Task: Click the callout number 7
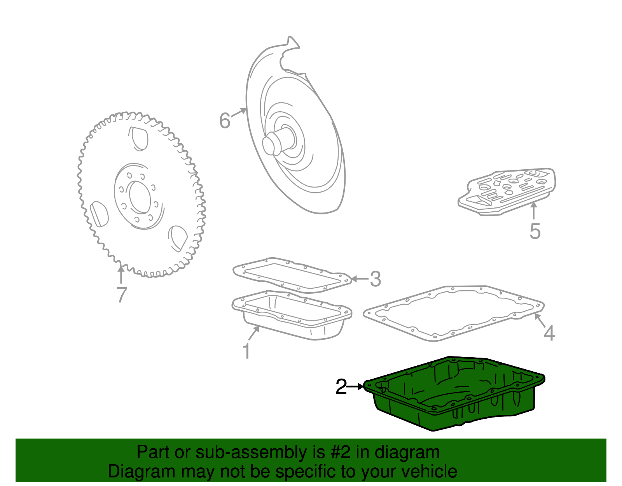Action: point(122,295)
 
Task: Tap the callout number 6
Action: point(225,120)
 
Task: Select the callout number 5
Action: point(535,231)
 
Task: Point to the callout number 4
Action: point(549,333)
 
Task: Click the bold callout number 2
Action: point(341,387)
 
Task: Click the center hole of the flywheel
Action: point(140,197)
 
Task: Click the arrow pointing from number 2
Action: point(355,387)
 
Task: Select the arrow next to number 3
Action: point(360,279)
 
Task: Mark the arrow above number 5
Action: point(534,211)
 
